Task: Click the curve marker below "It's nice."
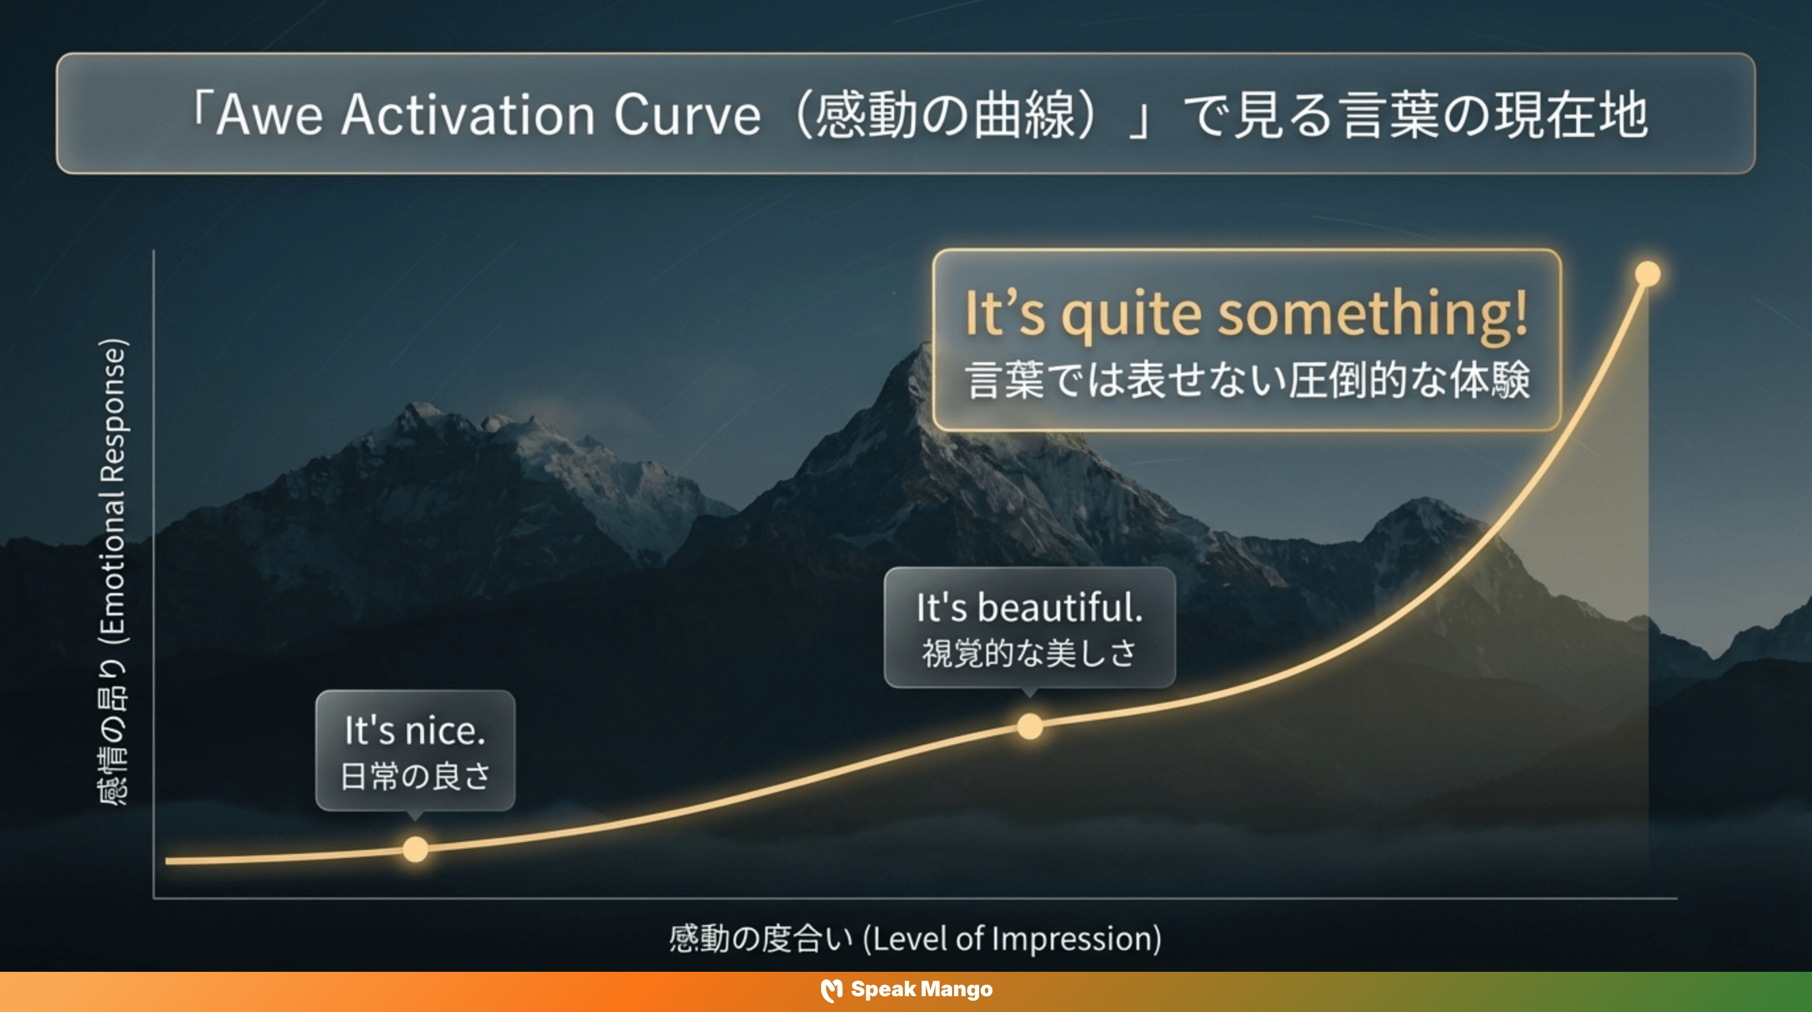(415, 849)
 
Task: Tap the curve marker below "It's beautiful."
(1030, 725)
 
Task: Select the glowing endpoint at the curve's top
(1647, 274)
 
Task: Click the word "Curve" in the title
(687, 115)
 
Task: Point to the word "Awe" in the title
(269, 115)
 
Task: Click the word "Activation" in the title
(467, 115)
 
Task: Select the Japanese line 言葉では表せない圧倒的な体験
(1247, 381)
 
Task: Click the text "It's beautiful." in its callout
(1029, 607)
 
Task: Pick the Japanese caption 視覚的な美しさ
(1029, 653)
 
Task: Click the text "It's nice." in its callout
(415, 731)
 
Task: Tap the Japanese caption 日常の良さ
(415, 776)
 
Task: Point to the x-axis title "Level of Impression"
(1011, 939)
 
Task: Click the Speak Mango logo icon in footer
(832, 990)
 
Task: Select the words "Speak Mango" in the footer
(922, 990)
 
